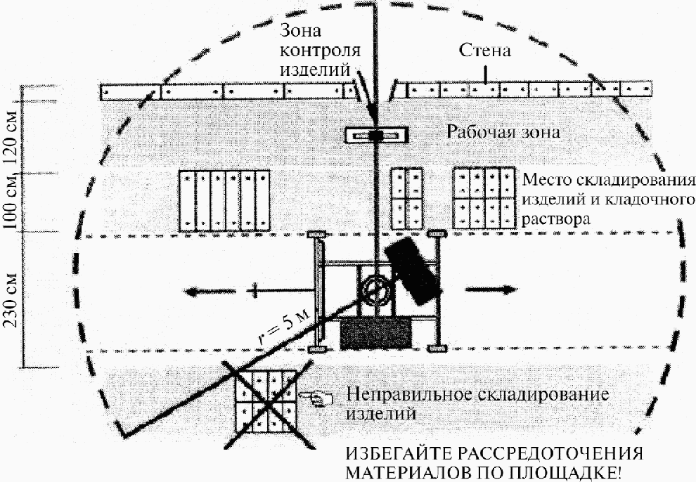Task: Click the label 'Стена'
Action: pyautogui.click(x=484, y=51)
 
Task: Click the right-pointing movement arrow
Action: pyautogui.click(x=490, y=289)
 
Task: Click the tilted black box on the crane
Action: pyautogui.click(x=414, y=270)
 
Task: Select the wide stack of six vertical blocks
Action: pyautogui.click(x=224, y=200)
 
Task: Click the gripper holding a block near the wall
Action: pyautogui.click(x=377, y=135)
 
